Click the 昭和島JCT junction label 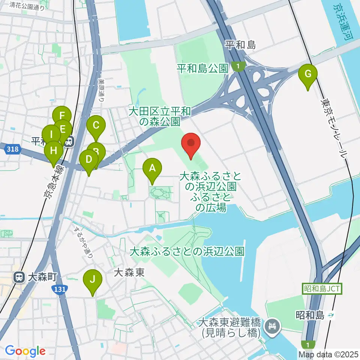(x=322, y=289)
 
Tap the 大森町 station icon (x=18, y=277)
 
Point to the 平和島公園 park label (x=202, y=68)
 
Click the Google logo (x=25, y=351)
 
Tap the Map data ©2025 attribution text (x=329, y=354)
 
